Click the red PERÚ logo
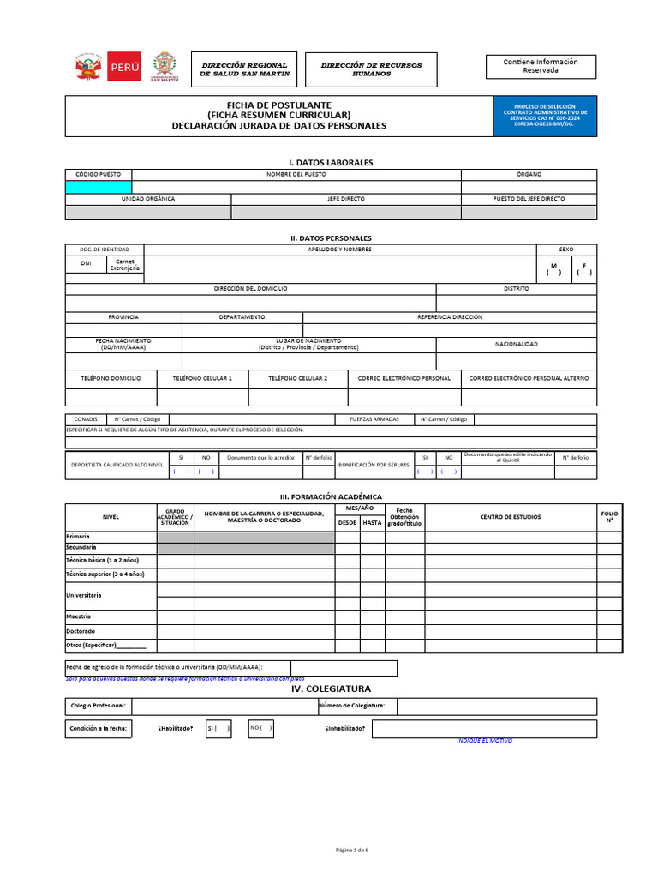(x=123, y=67)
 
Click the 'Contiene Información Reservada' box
(x=540, y=66)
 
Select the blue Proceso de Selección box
(x=545, y=116)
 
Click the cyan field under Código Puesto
(x=99, y=187)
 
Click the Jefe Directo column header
(x=346, y=199)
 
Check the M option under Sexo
(x=553, y=269)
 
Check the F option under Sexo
(x=584, y=269)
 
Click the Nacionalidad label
(x=516, y=344)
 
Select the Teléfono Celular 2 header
(x=297, y=378)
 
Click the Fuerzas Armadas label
(x=374, y=419)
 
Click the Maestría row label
(x=79, y=616)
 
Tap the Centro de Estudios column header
(x=510, y=516)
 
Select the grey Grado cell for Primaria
(x=175, y=537)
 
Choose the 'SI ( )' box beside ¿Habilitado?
(x=218, y=729)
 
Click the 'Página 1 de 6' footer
(x=351, y=850)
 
